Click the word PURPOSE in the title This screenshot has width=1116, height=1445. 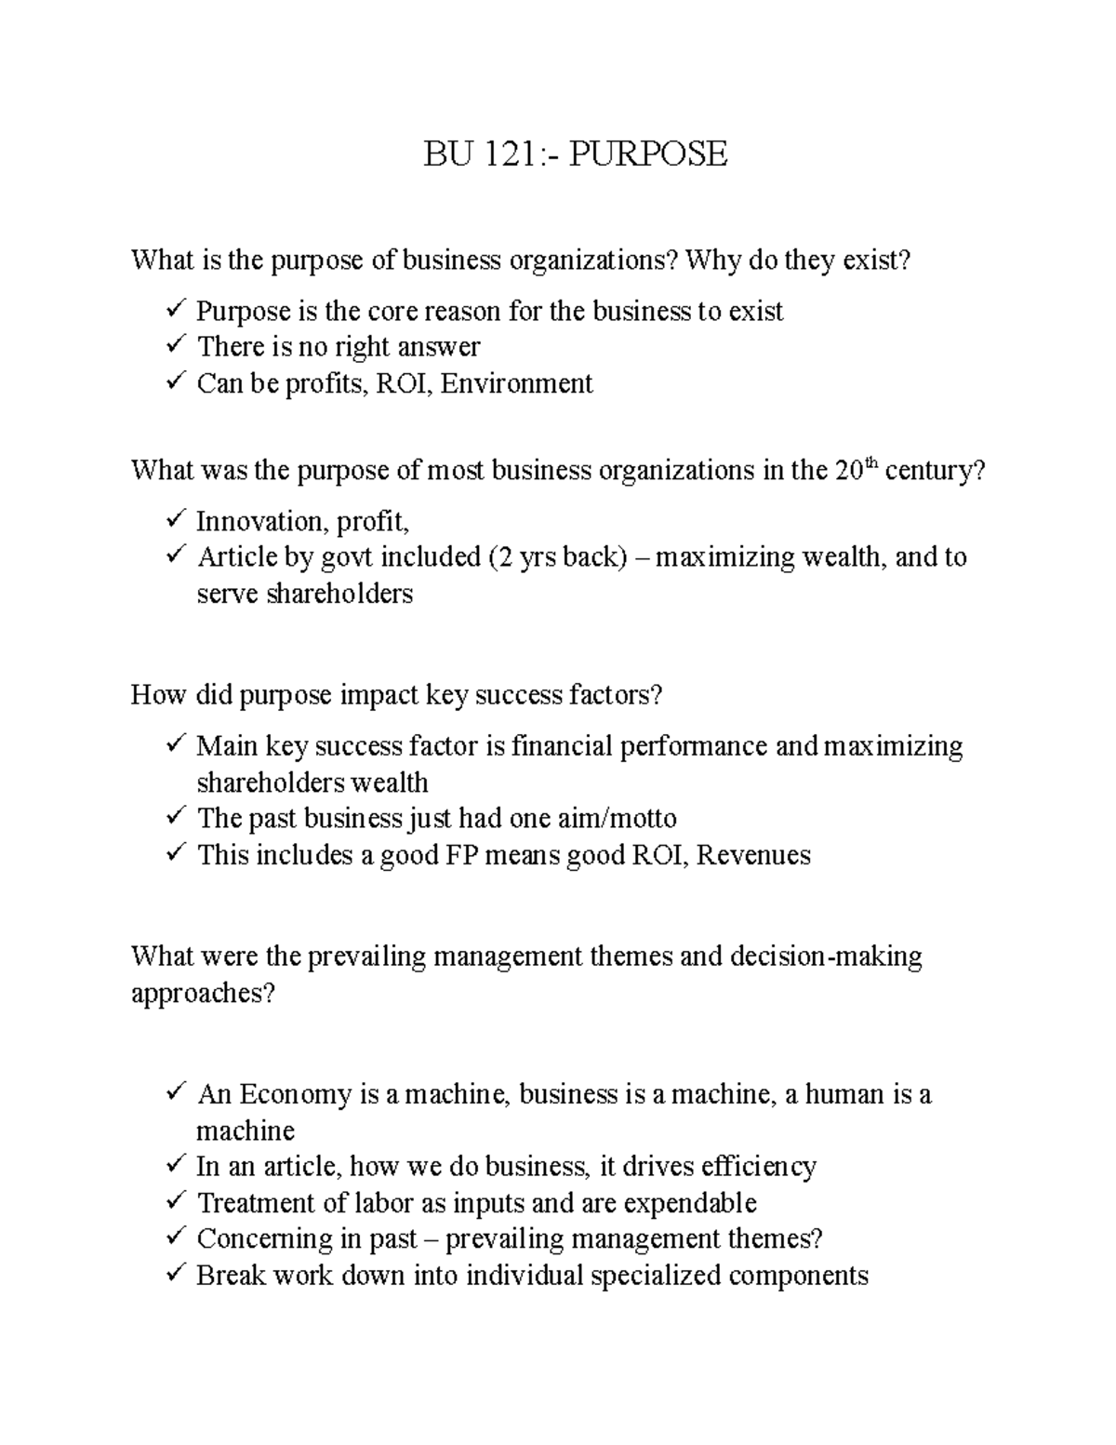(x=648, y=154)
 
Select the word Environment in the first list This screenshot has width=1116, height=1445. (x=516, y=383)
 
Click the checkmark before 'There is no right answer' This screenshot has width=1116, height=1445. (x=175, y=346)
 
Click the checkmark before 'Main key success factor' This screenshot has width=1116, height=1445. (x=175, y=745)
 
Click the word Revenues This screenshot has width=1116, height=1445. (x=753, y=855)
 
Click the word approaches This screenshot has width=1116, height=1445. (x=204, y=995)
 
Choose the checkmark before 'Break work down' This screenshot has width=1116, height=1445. (x=175, y=1275)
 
